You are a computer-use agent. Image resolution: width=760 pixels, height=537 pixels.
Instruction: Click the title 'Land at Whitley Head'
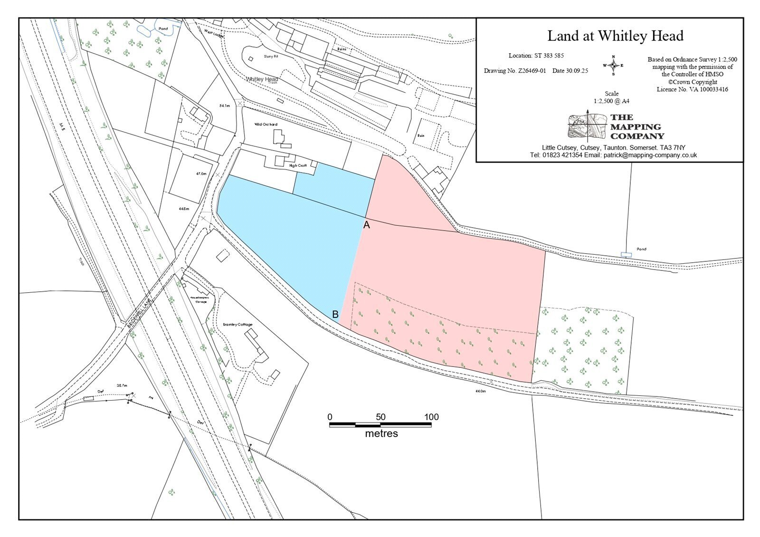[615, 36]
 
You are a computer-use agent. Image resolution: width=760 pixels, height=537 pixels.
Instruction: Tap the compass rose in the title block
[613, 66]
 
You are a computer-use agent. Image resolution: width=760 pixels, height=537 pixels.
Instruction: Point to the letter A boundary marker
[366, 225]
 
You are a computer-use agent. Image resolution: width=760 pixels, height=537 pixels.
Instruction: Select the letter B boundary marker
[335, 314]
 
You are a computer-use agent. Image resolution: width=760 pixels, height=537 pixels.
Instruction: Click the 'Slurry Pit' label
[271, 56]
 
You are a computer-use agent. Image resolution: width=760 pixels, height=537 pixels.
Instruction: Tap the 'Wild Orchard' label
[266, 125]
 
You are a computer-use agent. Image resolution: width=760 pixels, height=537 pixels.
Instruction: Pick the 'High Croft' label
[298, 165]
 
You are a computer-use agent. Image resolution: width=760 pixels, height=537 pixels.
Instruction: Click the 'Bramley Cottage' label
[237, 325]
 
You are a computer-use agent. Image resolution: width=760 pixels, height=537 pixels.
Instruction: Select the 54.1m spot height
[224, 106]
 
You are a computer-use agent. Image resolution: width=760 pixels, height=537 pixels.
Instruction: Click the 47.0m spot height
[201, 174]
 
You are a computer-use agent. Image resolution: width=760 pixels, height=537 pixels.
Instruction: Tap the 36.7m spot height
[122, 386]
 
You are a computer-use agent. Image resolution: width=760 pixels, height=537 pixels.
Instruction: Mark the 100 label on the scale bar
[431, 417]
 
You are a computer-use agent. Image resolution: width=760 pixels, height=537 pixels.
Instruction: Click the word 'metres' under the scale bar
[381, 434]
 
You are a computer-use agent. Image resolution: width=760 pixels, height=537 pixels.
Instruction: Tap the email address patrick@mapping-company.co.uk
[650, 155]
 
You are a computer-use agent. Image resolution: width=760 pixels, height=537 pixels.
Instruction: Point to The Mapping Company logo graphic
[587, 125]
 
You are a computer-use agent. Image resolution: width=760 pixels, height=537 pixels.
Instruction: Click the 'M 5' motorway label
[61, 126]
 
